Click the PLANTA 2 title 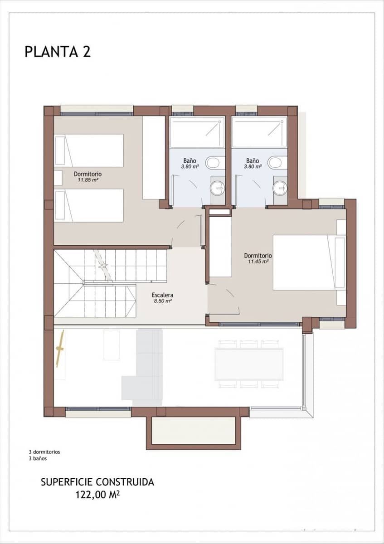[x=58, y=52]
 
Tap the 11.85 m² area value [x=88, y=180]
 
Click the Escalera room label [x=162, y=295]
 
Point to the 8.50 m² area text [x=162, y=301]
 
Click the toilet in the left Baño [x=214, y=162]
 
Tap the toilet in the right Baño [x=277, y=162]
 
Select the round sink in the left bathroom [x=218, y=187]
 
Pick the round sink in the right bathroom [x=280, y=187]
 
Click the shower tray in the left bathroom [x=197, y=132]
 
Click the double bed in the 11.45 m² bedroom [x=308, y=262]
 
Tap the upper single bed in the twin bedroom [x=89, y=151]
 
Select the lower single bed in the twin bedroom [x=89, y=205]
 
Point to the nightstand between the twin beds [x=58, y=178]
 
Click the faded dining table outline [x=249, y=364]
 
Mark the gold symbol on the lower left [x=59, y=349]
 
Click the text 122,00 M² [x=97, y=495]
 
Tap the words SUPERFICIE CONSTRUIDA [x=97, y=482]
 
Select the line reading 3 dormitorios [x=44, y=452]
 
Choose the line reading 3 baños [x=38, y=458]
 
